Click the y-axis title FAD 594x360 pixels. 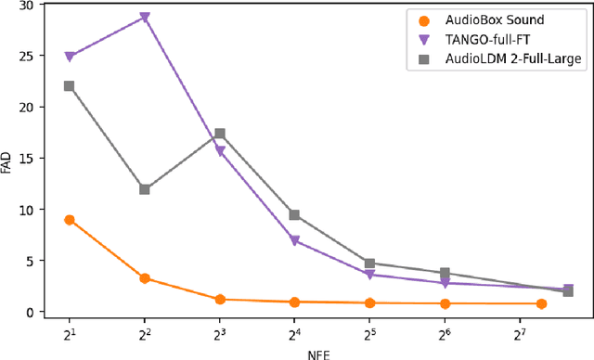8,159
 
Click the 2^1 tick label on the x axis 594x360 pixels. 70,331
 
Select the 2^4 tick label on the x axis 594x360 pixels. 294,331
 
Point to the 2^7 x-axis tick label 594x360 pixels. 519,331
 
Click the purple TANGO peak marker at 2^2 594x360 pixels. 145,18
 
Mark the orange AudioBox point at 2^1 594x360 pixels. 70,220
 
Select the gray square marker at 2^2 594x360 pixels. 145,189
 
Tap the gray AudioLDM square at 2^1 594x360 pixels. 70,86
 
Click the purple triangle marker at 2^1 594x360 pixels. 70,57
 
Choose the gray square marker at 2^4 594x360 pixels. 294,215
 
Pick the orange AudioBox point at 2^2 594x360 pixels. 145,278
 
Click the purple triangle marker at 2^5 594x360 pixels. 369,276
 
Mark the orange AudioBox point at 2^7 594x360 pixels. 541,304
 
